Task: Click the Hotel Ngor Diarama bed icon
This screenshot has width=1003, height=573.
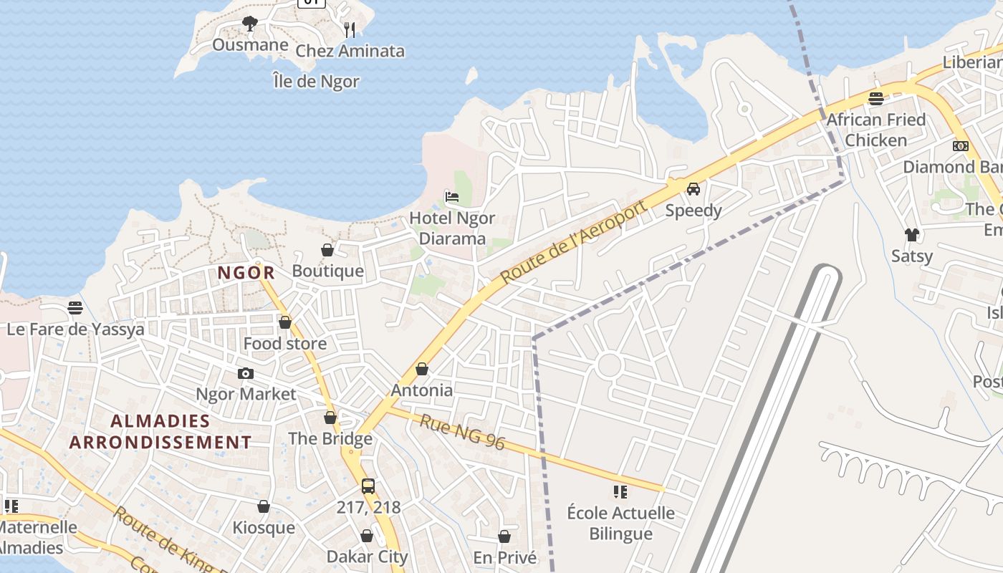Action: (x=451, y=196)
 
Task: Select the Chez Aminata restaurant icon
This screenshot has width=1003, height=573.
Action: (x=350, y=29)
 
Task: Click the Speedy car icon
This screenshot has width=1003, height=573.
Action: (x=693, y=189)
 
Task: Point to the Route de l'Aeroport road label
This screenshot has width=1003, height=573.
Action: (x=574, y=241)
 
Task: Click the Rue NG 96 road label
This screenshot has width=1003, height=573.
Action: (x=462, y=433)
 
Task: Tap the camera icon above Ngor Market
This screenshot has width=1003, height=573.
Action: (x=245, y=373)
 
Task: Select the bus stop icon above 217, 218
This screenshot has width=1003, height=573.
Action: (x=368, y=486)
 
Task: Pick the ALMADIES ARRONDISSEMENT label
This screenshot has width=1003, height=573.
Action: (x=160, y=431)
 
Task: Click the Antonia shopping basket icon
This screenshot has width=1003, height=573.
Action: (x=422, y=369)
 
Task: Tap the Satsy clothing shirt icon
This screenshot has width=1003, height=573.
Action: (x=911, y=234)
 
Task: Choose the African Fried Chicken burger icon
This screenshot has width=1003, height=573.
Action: (x=875, y=99)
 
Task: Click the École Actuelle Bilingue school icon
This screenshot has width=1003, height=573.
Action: (x=620, y=492)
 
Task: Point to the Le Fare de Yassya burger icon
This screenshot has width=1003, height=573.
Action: (x=75, y=308)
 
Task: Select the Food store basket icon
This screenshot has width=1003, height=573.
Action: (x=284, y=322)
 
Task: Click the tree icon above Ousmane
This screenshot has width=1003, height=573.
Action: (x=249, y=24)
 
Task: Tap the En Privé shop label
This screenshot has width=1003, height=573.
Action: (x=504, y=557)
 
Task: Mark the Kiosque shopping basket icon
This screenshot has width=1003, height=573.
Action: (x=264, y=506)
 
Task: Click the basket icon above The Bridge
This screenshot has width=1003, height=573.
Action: (x=330, y=417)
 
